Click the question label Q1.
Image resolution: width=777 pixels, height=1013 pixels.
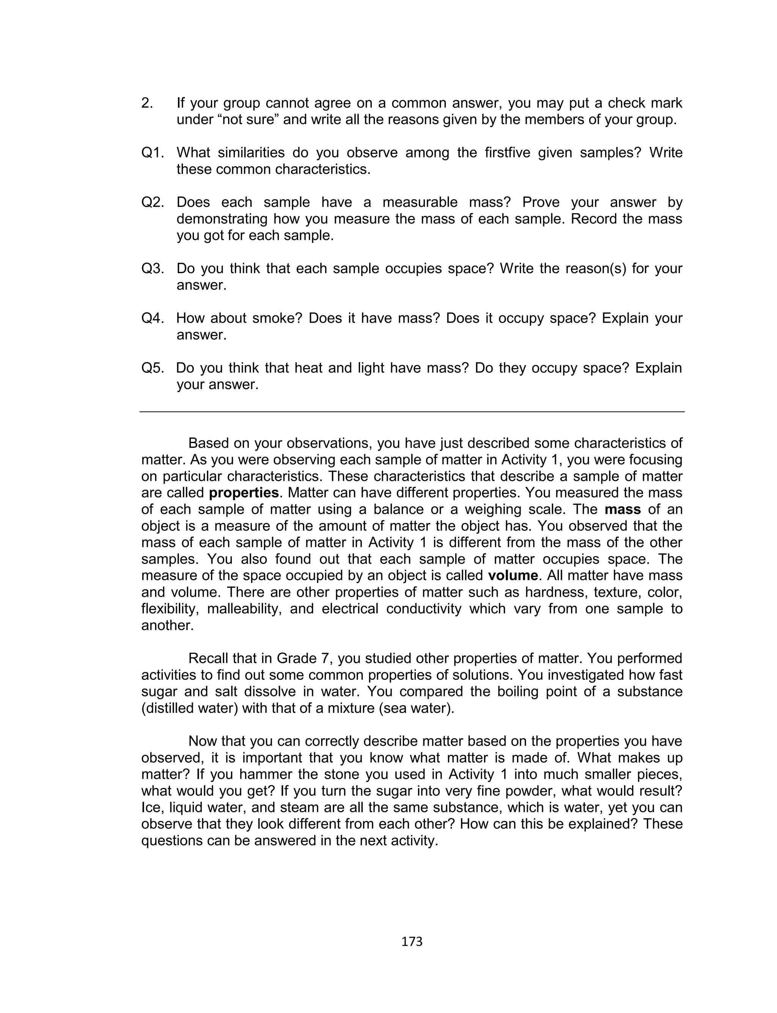coord(153,153)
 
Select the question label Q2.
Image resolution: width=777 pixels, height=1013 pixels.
coord(153,202)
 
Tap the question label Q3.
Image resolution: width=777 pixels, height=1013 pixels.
coord(153,268)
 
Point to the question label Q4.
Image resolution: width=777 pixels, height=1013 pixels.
coord(153,318)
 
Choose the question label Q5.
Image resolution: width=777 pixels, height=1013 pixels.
coord(153,368)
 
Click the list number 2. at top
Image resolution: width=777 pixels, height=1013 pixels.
coord(147,103)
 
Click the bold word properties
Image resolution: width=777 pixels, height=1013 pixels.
coord(244,493)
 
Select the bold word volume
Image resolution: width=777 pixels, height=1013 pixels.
coord(513,575)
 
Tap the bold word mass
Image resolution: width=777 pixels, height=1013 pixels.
coord(623,509)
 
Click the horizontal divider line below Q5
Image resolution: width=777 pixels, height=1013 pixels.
coord(412,411)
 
